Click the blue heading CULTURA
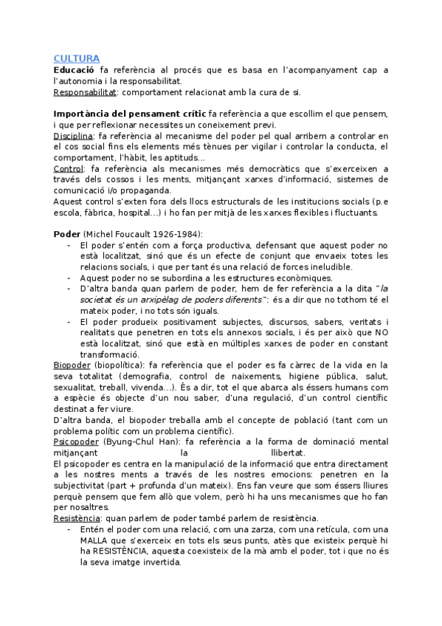77,58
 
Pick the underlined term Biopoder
72,365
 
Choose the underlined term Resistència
75,518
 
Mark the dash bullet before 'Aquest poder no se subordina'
69,278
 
